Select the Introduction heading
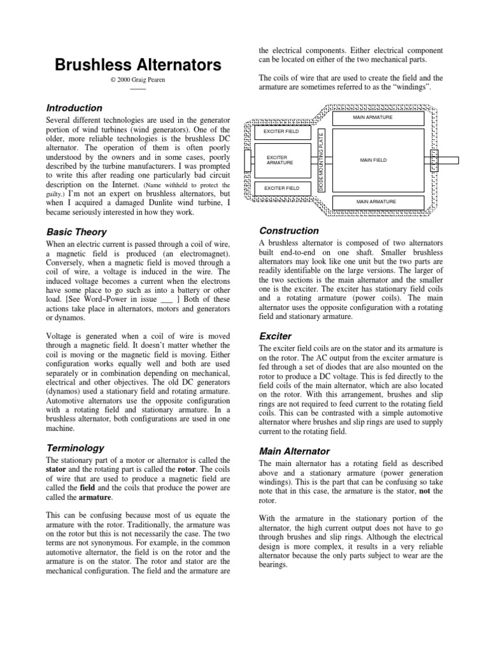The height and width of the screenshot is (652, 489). (x=75, y=108)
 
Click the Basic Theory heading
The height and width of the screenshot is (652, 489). (x=76, y=232)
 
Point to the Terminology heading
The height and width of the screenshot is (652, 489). (x=76, y=448)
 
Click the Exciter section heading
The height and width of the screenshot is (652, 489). (x=275, y=336)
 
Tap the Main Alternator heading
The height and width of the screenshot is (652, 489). (x=294, y=451)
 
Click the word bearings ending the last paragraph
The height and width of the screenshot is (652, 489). (x=274, y=563)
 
